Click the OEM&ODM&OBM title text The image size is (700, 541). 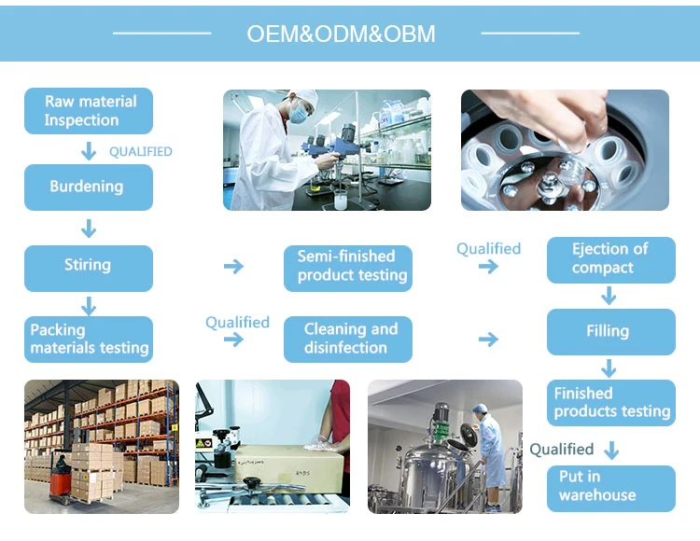click(x=341, y=35)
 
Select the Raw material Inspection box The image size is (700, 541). click(x=88, y=111)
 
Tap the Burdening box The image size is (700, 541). click(x=88, y=187)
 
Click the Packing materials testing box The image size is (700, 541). click(x=88, y=339)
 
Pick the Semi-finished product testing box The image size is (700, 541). click(x=347, y=267)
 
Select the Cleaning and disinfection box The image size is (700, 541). click(x=347, y=339)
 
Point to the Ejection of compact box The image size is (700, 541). click(x=609, y=259)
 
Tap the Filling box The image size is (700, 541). click(x=609, y=331)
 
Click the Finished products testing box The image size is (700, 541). click(x=609, y=403)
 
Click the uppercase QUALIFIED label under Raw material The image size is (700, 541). click(x=140, y=151)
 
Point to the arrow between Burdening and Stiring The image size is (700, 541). click(x=89, y=228)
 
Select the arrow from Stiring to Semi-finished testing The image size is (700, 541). click(x=233, y=267)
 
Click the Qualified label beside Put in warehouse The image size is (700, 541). click(x=562, y=450)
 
